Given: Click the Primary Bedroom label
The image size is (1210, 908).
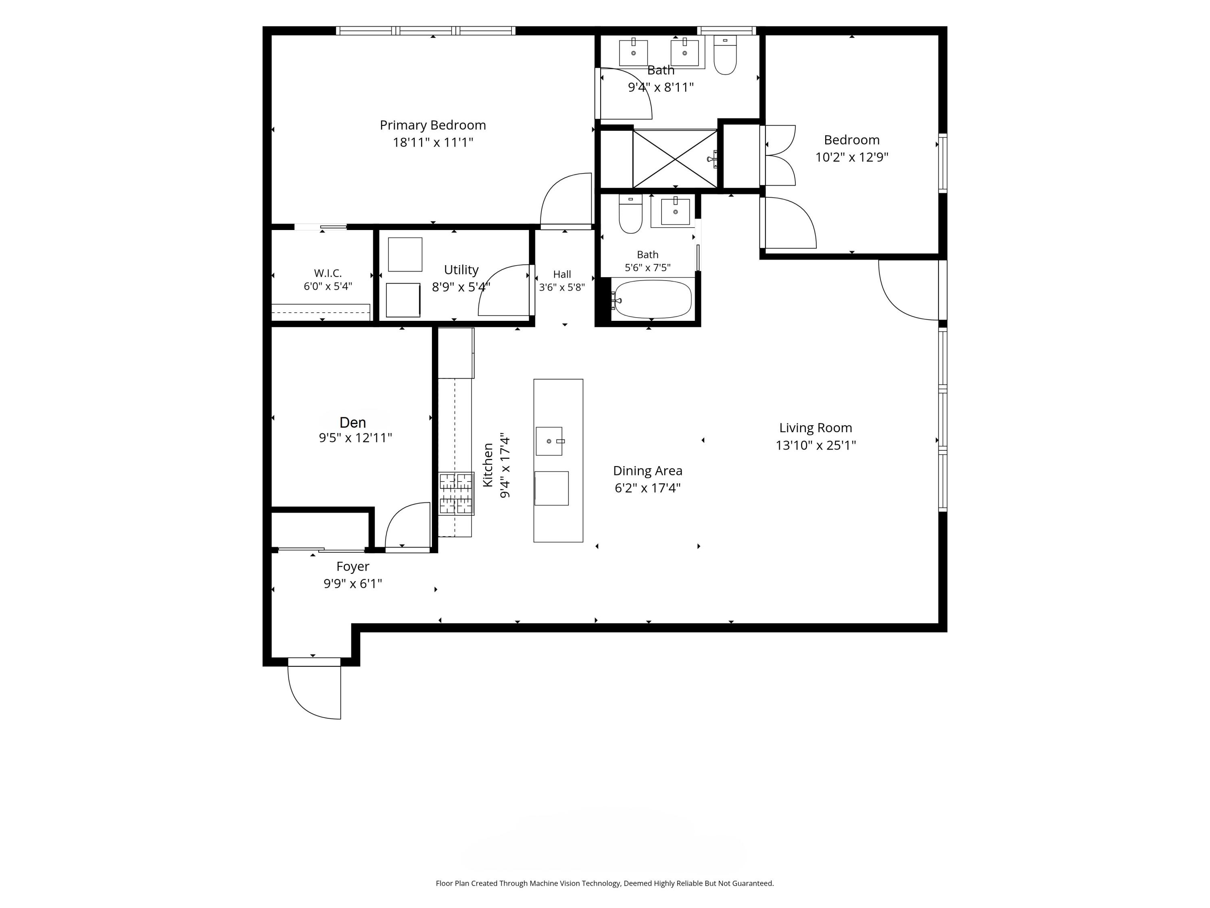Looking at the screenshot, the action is coord(433,126).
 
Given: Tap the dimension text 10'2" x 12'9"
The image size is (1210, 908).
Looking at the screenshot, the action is coord(852,157).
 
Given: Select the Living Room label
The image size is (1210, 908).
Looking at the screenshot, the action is coord(816,428).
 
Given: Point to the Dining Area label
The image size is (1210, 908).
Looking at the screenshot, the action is coord(648,471).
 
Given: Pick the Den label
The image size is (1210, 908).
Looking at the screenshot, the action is coord(353,423).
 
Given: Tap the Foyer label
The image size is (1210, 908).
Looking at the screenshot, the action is coord(353,567).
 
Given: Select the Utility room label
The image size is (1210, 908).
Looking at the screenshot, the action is coord(461,270).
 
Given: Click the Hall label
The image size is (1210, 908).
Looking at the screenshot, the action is coord(562,274).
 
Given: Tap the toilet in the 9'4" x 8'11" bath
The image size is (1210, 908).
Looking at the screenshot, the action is coord(725,55).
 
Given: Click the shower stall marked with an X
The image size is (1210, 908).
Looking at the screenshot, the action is coord(675,159).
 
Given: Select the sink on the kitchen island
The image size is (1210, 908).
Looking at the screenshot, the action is coord(549,441).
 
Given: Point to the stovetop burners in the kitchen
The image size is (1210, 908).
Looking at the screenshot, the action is coord(456,494).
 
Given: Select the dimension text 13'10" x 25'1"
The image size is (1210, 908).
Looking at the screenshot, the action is coord(816,446).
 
